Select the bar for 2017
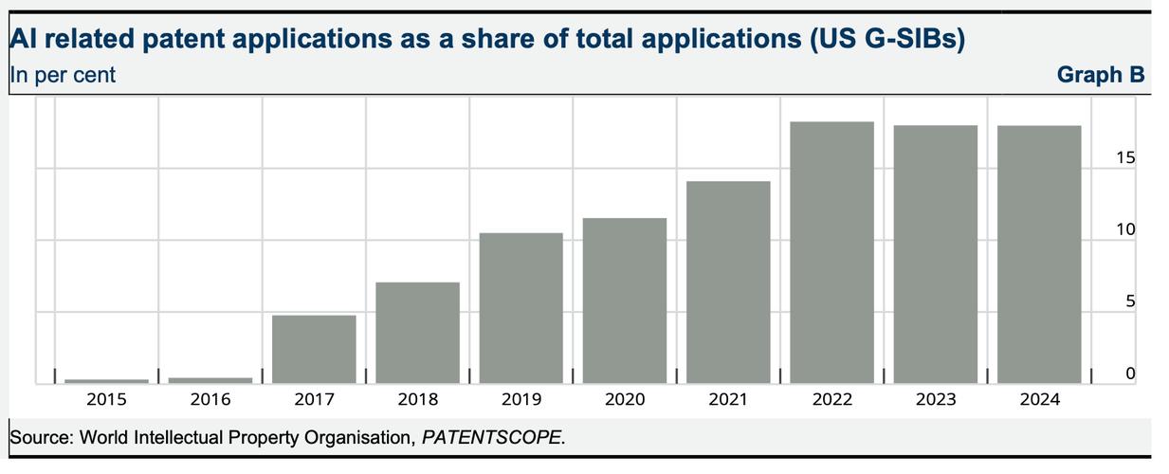coord(314,349)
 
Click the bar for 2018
coord(417,333)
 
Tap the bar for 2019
coord(521,308)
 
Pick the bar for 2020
coord(625,301)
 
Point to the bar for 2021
coord(728,283)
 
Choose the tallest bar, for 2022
coord(831,252)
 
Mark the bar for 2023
coord(936,254)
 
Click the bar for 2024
coord(1039,254)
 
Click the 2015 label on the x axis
coord(106,400)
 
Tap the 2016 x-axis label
coord(210,400)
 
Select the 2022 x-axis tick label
coord(831,400)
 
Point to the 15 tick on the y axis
coord(1125,158)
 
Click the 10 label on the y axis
coord(1125,230)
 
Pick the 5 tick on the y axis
coord(1130,302)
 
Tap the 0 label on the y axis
coord(1130,374)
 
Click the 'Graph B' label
coord(1101,75)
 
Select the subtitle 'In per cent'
coord(63,75)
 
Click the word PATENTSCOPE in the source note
coord(491,438)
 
